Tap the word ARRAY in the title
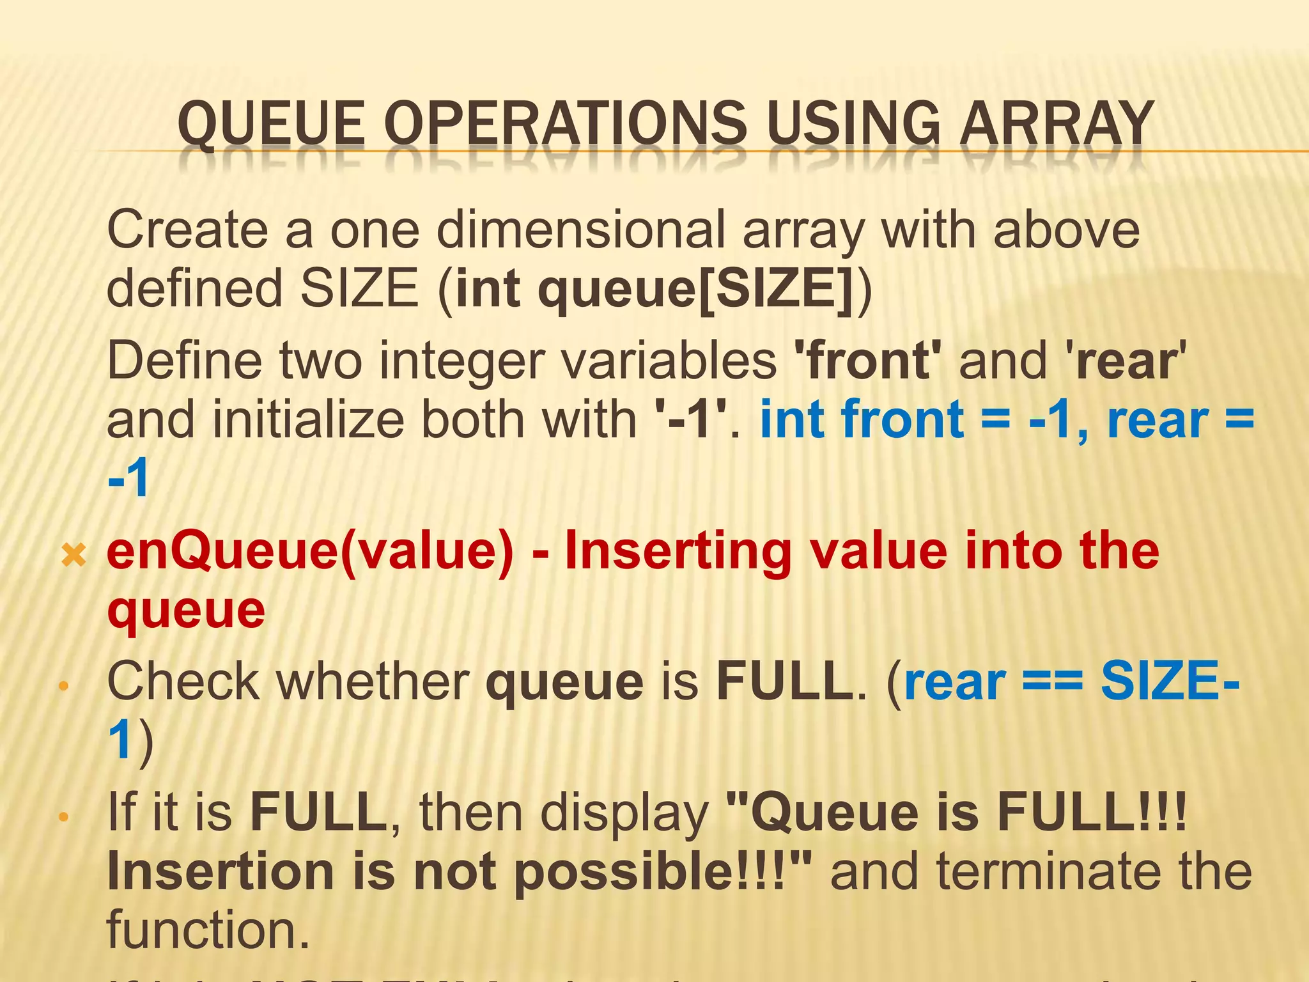1057,124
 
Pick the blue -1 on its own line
128,479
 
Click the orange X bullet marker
74,555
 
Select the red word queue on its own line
186,611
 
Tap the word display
624,813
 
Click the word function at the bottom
208,930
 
